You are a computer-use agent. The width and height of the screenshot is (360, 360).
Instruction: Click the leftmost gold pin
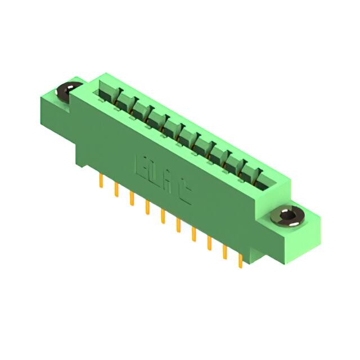click(101, 182)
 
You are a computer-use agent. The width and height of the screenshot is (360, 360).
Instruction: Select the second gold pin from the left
click(116, 190)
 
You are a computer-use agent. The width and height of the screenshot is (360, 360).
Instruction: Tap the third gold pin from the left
click(132, 199)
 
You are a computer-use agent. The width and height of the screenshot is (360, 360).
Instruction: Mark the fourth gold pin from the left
click(147, 207)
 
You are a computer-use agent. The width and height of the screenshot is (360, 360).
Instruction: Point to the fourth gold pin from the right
click(194, 233)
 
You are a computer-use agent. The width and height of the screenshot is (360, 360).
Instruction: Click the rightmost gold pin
click(241, 259)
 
